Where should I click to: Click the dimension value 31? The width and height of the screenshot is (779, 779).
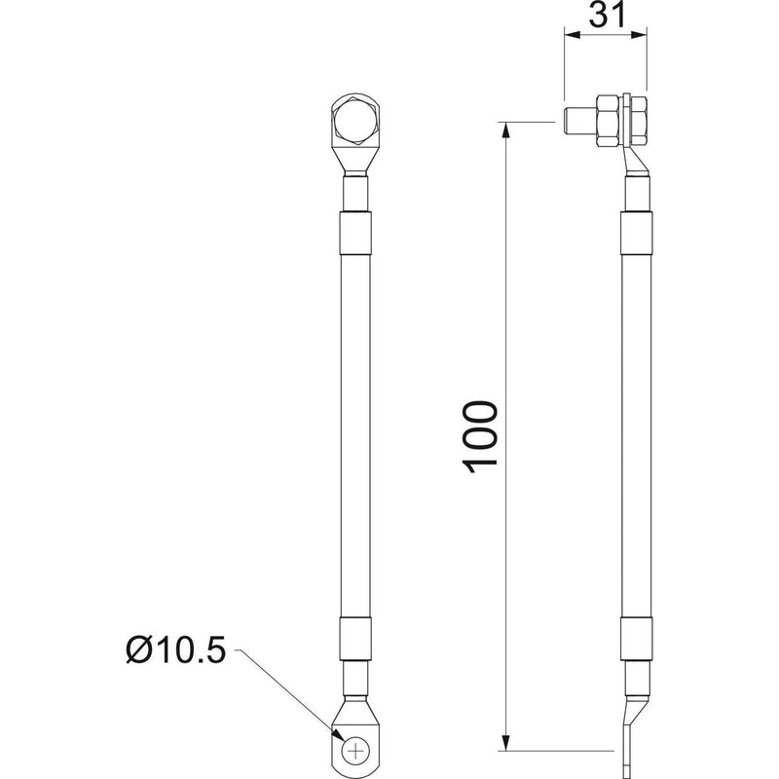point(607,15)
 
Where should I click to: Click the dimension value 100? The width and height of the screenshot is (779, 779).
point(480,436)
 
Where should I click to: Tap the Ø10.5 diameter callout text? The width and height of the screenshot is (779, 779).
point(176,649)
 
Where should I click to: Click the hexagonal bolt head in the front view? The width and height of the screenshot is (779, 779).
point(355,121)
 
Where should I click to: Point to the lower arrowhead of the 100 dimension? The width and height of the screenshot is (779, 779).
point(505,740)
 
